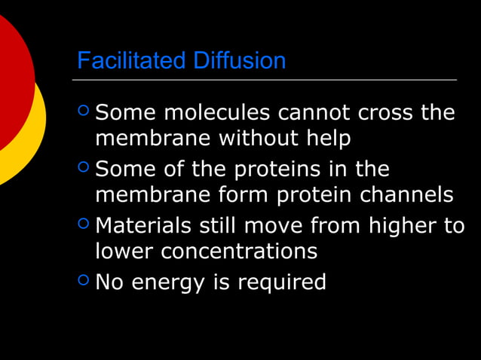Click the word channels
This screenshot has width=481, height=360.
pyautogui.click(x=407, y=194)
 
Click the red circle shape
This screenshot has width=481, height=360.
pyautogui.click(x=11, y=75)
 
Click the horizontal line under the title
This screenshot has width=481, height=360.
pyautogui.click(x=264, y=79)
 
